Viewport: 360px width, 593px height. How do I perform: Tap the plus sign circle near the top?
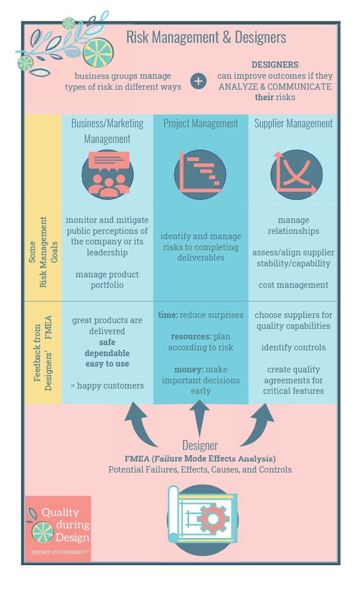pyautogui.click(x=198, y=81)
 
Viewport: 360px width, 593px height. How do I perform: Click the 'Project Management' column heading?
pyautogui.click(x=200, y=123)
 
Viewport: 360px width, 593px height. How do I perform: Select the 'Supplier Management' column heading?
pyautogui.click(x=293, y=123)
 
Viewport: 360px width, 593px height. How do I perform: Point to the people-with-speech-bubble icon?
pyautogui.click(x=107, y=173)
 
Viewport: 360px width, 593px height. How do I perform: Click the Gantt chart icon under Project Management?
pyautogui.click(x=200, y=173)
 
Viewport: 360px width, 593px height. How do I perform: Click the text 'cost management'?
pyautogui.click(x=293, y=285)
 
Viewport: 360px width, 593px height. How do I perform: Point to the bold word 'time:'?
pyautogui.click(x=168, y=315)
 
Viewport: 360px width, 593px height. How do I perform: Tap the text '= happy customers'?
pyautogui.click(x=107, y=386)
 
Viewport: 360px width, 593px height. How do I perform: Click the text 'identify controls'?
pyautogui.click(x=293, y=347)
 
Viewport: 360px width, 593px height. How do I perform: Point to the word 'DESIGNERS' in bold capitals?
pyautogui.click(x=275, y=65)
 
